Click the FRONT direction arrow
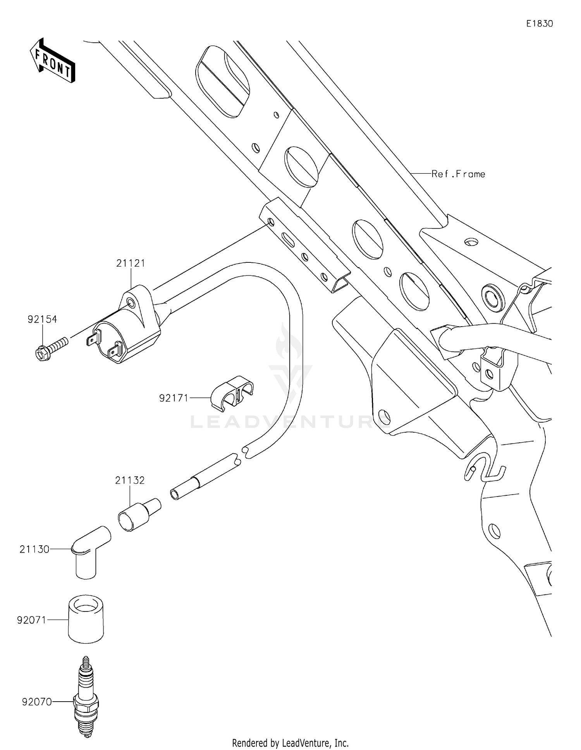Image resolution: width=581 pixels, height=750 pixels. (52, 61)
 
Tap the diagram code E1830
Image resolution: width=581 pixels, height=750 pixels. (539, 24)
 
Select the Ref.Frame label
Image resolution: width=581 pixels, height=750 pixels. (458, 174)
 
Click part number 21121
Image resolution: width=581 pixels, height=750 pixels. (131, 263)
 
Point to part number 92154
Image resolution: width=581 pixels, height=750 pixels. (42, 319)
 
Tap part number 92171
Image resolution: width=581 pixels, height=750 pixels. (174, 398)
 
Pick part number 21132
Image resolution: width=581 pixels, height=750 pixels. (130, 480)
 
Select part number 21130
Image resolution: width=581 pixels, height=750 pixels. (34, 549)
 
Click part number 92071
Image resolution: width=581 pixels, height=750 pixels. (32, 620)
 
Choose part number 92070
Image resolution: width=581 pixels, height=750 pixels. (37, 702)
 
